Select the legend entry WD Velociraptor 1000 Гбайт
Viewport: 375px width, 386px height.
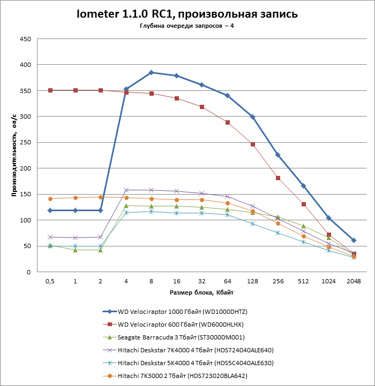tap(182, 312)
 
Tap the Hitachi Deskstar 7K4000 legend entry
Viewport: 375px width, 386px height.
tap(195, 350)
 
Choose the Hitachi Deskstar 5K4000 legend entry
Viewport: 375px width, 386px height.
tap(195, 363)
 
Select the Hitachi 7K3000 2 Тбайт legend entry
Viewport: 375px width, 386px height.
tap(182, 376)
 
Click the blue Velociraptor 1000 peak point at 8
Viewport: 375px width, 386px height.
tap(151, 73)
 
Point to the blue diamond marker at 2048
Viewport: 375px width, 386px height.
tap(354, 241)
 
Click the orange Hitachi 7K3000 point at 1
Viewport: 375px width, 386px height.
tap(75, 198)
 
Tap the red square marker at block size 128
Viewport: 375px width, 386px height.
tap(252, 144)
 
